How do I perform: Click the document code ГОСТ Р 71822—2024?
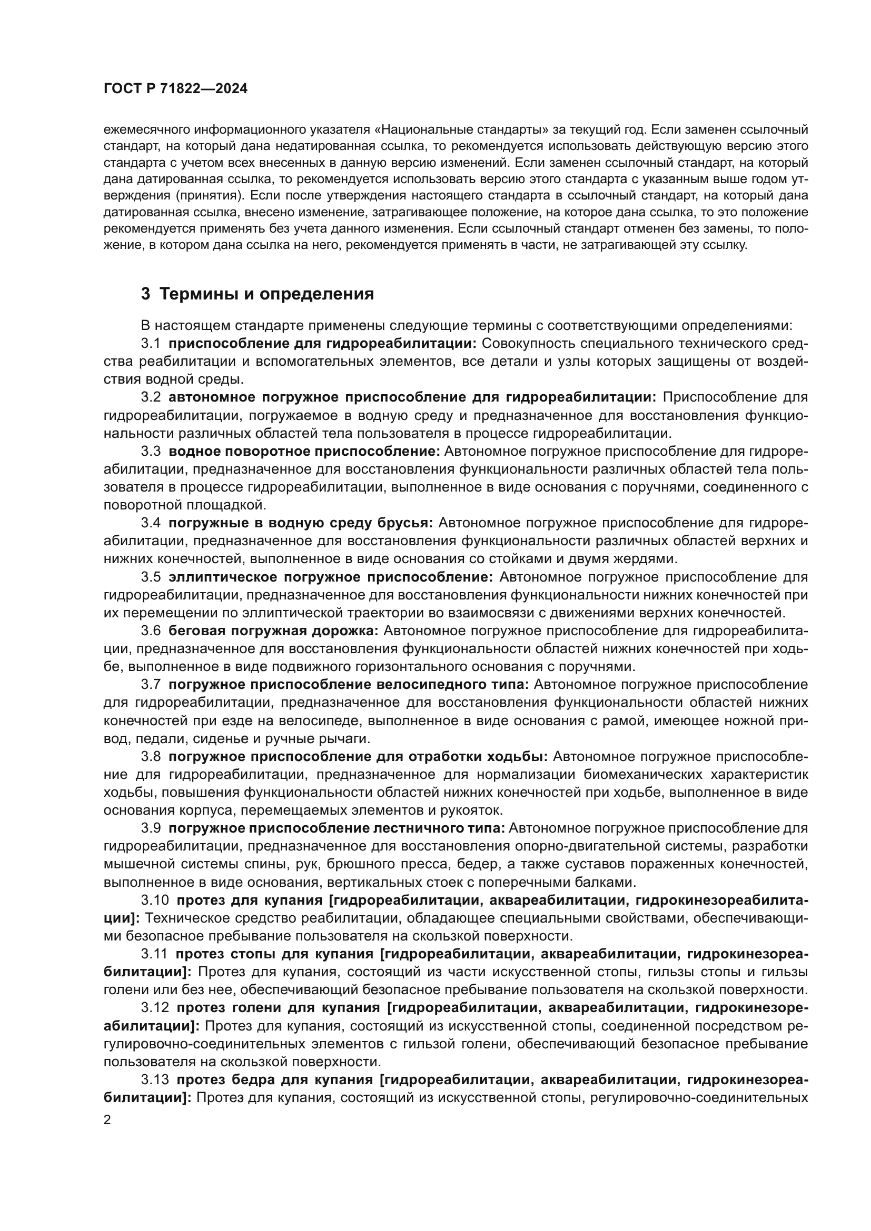pos(175,89)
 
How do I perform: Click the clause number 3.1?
pos(151,343)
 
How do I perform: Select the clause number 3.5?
pos(151,577)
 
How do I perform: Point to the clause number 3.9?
pos(151,828)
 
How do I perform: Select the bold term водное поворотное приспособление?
pos(304,452)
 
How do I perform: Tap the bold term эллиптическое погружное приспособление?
pos(330,577)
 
